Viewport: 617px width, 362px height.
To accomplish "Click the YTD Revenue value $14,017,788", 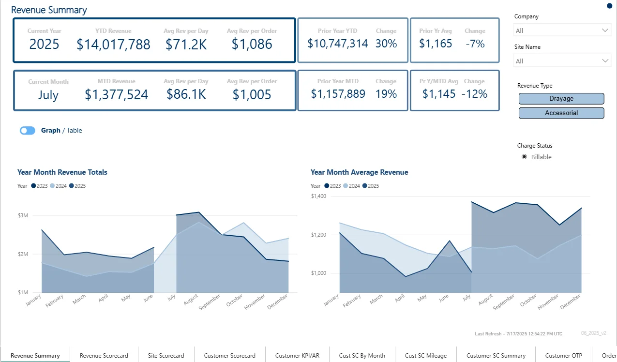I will pyautogui.click(x=113, y=45).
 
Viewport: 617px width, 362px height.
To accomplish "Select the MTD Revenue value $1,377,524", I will pyautogui.click(x=116, y=94).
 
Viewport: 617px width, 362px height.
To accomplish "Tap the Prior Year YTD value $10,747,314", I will pyautogui.click(x=338, y=44).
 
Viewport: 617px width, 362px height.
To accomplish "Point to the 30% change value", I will pyautogui.click(x=386, y=44).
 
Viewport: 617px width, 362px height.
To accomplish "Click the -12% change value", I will pyautogui.click(x=475, y=94).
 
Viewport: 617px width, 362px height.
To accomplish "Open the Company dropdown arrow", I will pyautogui.click(x=605, y=30).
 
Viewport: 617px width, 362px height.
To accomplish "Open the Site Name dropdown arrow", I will pyautogui.click(x=605, y=61).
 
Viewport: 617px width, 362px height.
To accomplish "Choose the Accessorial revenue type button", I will pyautogui.click(x=561, y=113).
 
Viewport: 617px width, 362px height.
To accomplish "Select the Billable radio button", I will pyautogui.click(x=524, y=157).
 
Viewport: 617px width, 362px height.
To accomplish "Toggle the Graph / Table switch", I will pyautogui.click(x=28, y=131).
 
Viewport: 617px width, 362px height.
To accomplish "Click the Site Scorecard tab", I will pyautogui.click(x=166, y=356).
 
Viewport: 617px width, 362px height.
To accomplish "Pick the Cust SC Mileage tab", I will pyautogui.click(x=426, y=356).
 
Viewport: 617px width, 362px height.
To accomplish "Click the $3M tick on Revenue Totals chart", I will pyautogui.click(x=23, y=215).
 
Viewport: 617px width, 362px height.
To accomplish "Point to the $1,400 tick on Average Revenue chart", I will pyautogui.click(x=318, y=196).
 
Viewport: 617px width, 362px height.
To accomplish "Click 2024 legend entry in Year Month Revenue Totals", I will pyautogui.click(x=59, y=186).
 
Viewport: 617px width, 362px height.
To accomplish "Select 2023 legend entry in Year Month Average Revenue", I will pyautogui.click(x=332, y=186).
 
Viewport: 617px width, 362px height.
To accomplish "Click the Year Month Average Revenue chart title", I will pyautogui.click(x=359, y=172).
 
